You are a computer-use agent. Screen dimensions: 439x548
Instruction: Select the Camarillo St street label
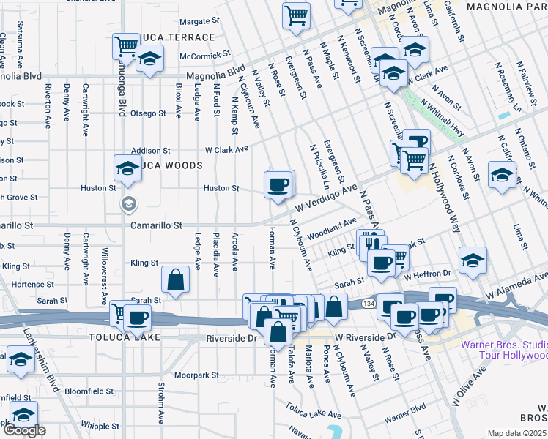(x=156, y=226)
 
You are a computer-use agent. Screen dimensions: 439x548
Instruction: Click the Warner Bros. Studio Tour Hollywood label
(x=503, y=350)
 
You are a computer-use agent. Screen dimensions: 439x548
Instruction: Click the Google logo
(x=23, y=430)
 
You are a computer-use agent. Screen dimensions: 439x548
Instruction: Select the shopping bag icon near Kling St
(x=176, y=279)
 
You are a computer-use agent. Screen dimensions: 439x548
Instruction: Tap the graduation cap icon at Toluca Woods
(x=127, y=168)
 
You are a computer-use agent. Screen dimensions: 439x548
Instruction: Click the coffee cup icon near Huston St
(x=278, y=184)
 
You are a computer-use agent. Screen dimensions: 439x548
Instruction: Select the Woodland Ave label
(x=332, y=228)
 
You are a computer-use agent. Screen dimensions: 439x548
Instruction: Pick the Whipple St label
(x=95, y=425)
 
